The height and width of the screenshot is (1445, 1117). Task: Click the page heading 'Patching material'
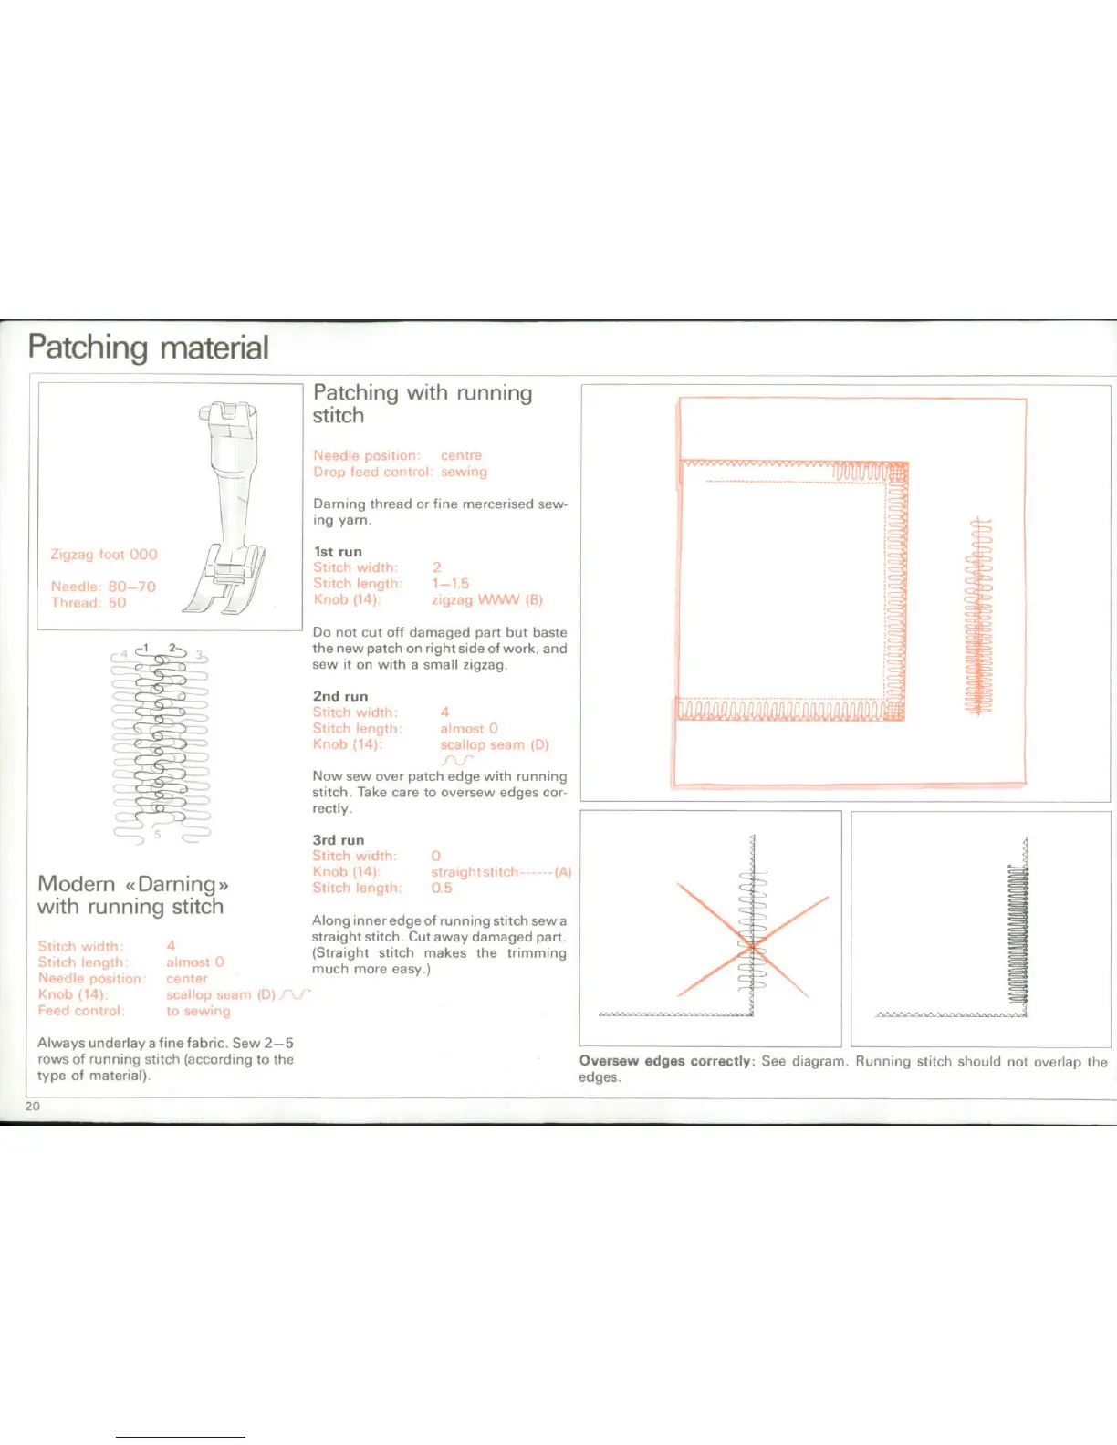(x=148, y=348)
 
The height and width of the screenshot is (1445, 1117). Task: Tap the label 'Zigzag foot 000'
(x=104, y=555)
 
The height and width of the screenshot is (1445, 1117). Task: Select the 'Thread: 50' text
(x=89, y=603)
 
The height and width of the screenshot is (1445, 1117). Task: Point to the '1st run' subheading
(x=338, y=552)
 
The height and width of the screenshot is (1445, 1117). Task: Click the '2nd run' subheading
(x=340, y=696)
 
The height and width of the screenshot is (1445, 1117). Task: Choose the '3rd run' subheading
(x=339, y=840)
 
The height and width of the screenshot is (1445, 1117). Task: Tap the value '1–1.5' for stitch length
(x=450, y=584)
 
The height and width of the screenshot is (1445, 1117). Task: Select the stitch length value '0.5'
(x=442, y=889)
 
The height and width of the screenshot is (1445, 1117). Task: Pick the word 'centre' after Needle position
(x=461, y=455)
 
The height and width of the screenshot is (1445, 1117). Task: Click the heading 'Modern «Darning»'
(x=133, y=884)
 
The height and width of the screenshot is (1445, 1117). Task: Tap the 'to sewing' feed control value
(x=198, y=1011)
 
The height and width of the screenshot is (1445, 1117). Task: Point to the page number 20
(x=33, y=1107)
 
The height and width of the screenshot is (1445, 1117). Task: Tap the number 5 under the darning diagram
(x=157, y=834)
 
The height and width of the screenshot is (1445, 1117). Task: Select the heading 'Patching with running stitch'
(x=422, y=403)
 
